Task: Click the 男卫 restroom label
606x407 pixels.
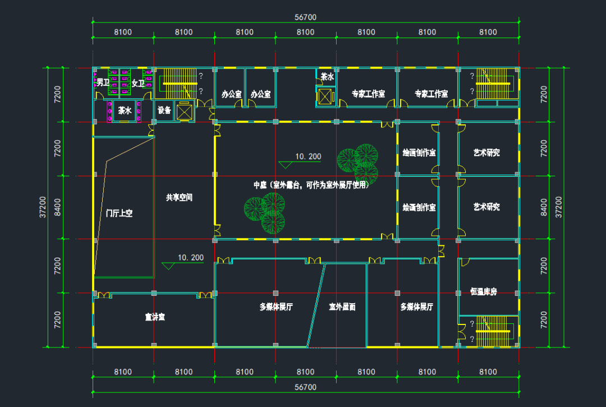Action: tap(103, 83)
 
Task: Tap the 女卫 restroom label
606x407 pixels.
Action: tap(138, 84)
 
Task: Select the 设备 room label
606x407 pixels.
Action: tap(164, 111)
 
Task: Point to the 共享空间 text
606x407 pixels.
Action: tap(179, 198)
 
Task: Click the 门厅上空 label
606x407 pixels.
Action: tap(120, 213)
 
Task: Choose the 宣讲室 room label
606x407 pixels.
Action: tap(154, 317)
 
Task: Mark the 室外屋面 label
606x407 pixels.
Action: tap(342, 307)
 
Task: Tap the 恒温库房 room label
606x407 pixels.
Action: tap(484, 292)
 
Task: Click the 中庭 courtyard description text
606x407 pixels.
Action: tap(311, 185)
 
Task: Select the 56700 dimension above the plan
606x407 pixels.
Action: tap(305, 17)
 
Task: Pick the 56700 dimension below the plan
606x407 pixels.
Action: tap(305, 387)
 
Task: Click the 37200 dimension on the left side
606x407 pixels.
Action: tap(43, 207)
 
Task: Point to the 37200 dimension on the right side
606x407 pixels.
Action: tap(558, 207)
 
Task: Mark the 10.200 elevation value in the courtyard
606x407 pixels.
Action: tap(307, 157)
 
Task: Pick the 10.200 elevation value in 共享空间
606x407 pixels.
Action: tap(190, 258)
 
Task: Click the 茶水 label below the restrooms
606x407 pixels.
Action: tap(125, 111)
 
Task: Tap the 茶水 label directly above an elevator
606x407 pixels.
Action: tap(327, 77)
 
